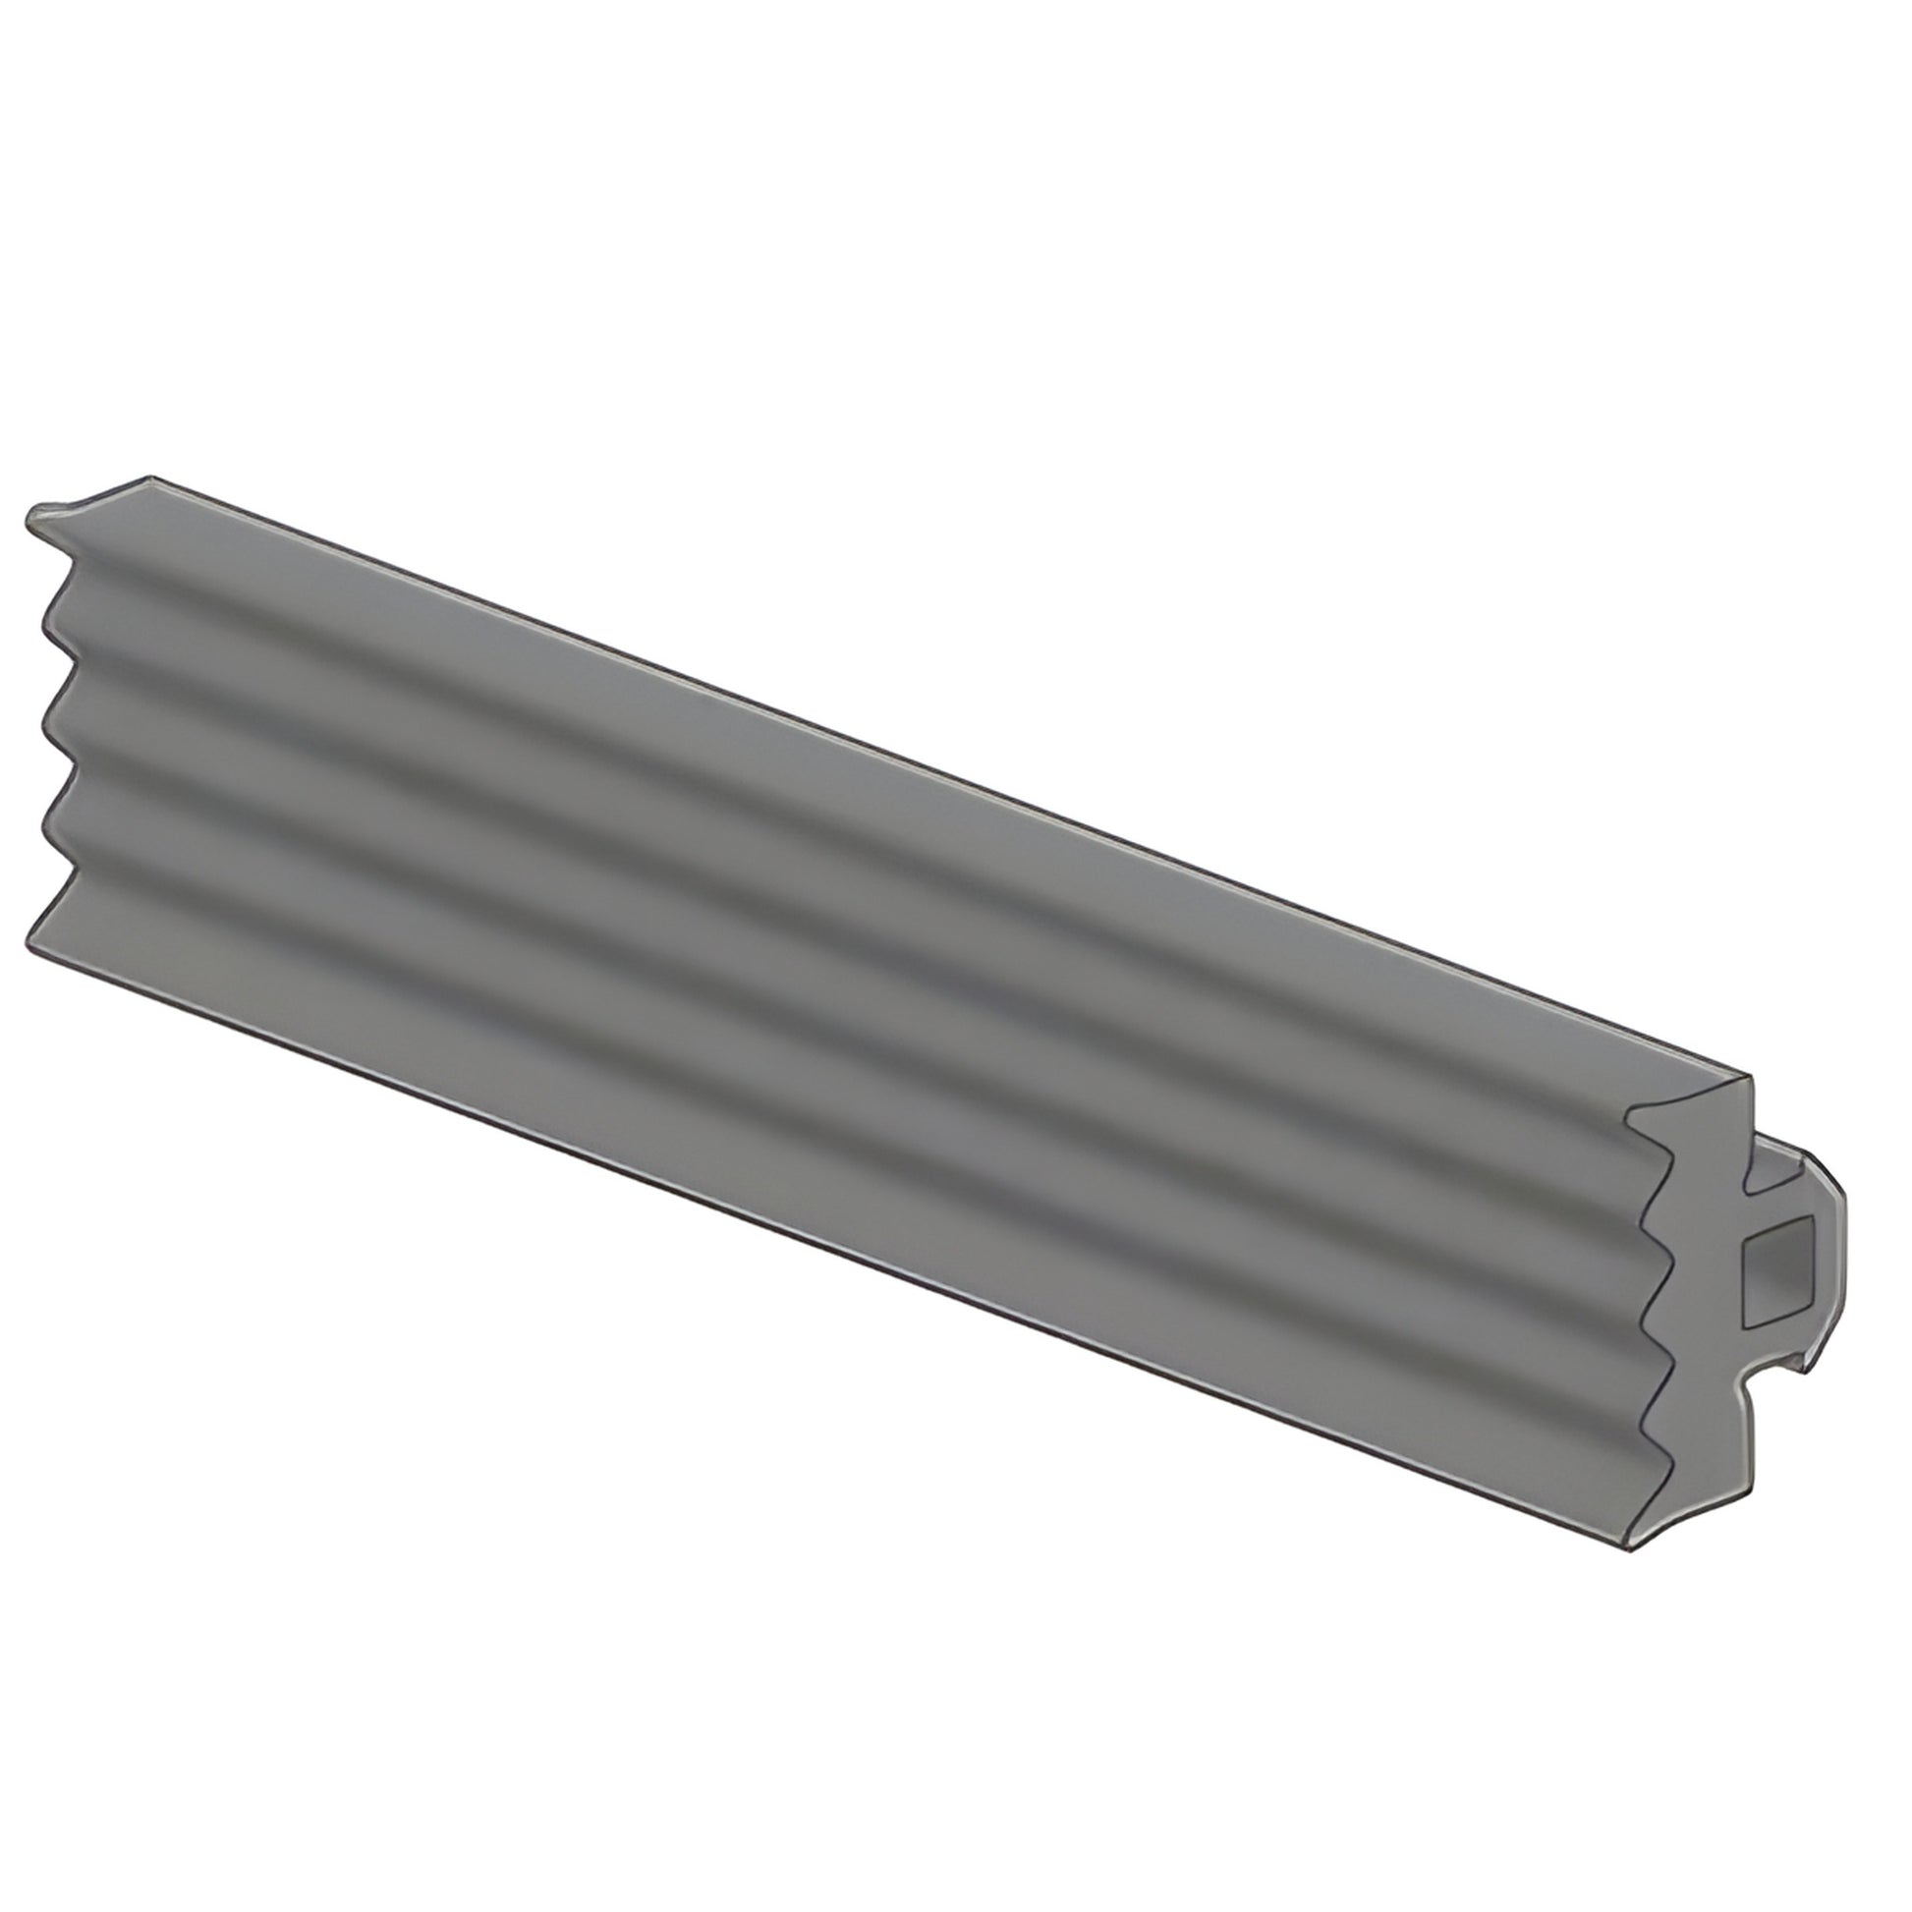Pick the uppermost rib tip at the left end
tap(43, 623)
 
